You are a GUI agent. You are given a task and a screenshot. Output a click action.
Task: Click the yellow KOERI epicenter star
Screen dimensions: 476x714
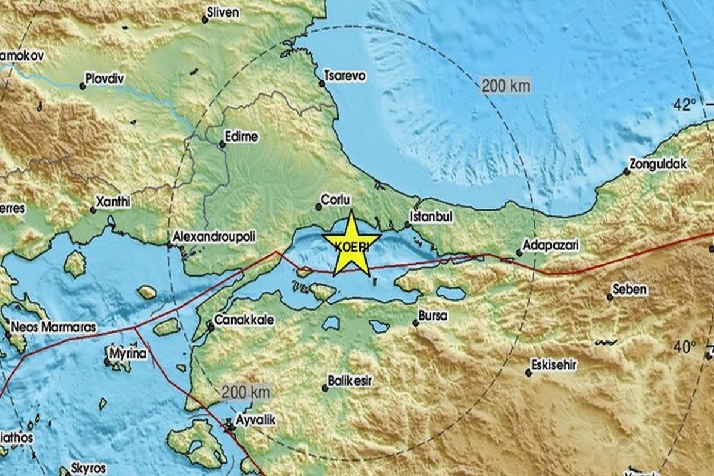[352, 244]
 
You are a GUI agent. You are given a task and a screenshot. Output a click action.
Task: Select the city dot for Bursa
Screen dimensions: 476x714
[416, 323]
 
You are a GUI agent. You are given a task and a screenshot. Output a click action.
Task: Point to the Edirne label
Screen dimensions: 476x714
[242, 137]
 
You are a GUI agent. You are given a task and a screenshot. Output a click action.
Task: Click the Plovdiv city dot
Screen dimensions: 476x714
[83, 86]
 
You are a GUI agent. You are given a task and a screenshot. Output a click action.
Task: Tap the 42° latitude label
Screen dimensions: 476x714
[685, 105]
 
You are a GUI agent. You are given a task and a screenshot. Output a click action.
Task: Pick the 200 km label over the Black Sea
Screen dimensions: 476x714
[505, 86]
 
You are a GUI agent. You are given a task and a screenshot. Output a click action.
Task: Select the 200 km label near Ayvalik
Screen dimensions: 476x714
[246, 392]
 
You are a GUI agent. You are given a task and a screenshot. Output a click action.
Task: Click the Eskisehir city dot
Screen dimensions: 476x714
[528, 373]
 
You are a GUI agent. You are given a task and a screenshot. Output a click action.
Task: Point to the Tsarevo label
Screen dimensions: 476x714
[345, 76]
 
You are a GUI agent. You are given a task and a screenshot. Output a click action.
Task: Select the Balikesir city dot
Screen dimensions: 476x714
[325, 388]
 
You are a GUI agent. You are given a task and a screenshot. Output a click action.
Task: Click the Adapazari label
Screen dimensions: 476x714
[550, 245]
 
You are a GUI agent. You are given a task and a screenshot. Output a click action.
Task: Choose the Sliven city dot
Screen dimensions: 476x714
[205, 20]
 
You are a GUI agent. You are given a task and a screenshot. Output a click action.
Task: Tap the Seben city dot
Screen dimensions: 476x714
[610, 297]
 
